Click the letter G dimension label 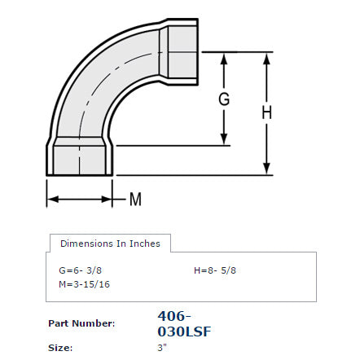coord(224,99)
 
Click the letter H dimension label coord(266,112)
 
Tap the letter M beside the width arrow coord(135,200)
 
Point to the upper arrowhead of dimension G coord(224,59)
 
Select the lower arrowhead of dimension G coord(224,139)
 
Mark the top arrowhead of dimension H coord(266,59)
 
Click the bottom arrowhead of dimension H coord(266,169)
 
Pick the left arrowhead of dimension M coord(53,200)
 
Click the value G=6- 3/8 coord(80,270)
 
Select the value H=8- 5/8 coord(215,270)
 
